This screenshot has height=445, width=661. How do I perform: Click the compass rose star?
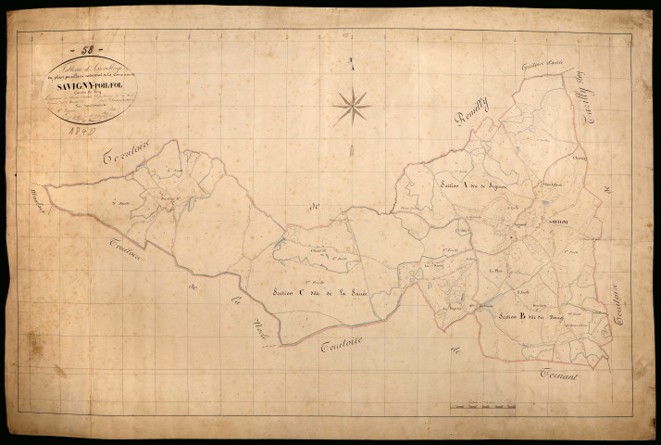tap(352, 107)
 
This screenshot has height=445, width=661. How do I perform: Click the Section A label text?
tap(475, 186)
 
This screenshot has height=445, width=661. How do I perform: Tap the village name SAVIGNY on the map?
tap(557, 224)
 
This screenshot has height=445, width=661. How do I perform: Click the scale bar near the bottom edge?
tap(482, 405)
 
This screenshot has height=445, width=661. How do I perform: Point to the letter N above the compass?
tap(352, 63)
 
